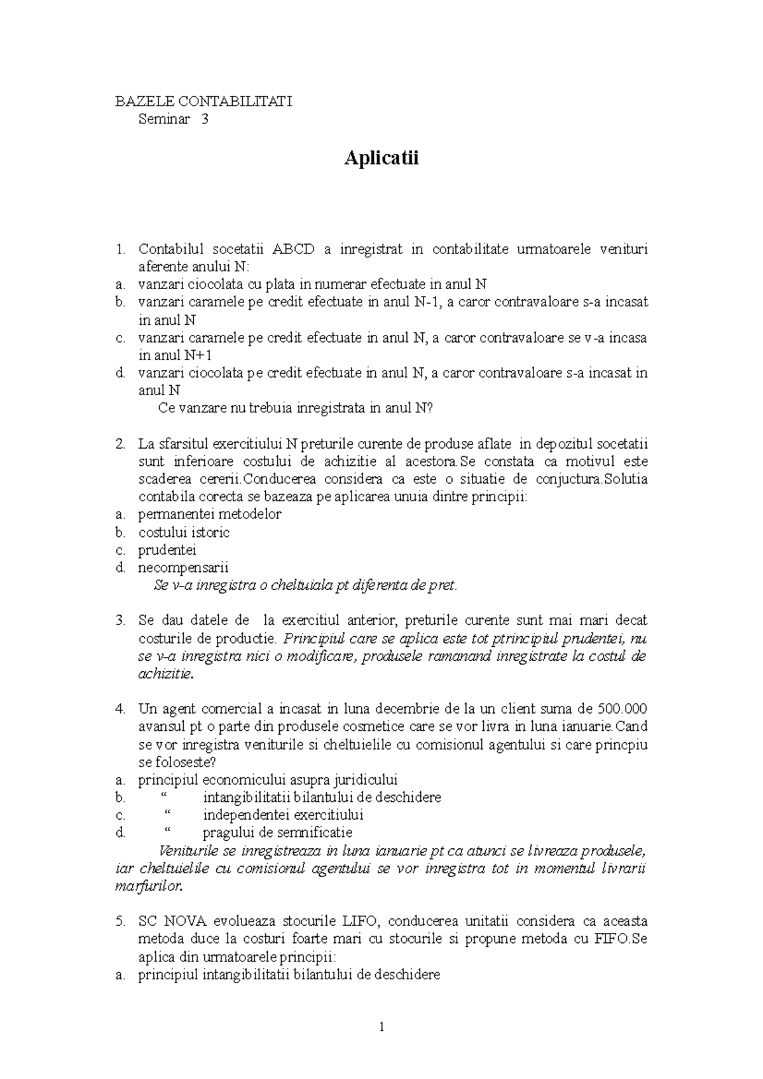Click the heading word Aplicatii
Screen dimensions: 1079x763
381,158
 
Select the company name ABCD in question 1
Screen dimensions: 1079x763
293,249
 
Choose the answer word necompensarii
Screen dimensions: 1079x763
183,567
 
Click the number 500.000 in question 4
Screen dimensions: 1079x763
622,709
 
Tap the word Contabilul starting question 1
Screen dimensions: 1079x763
171,249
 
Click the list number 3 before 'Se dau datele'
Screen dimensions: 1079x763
120,620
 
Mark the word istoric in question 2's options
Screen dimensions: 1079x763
210,532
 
